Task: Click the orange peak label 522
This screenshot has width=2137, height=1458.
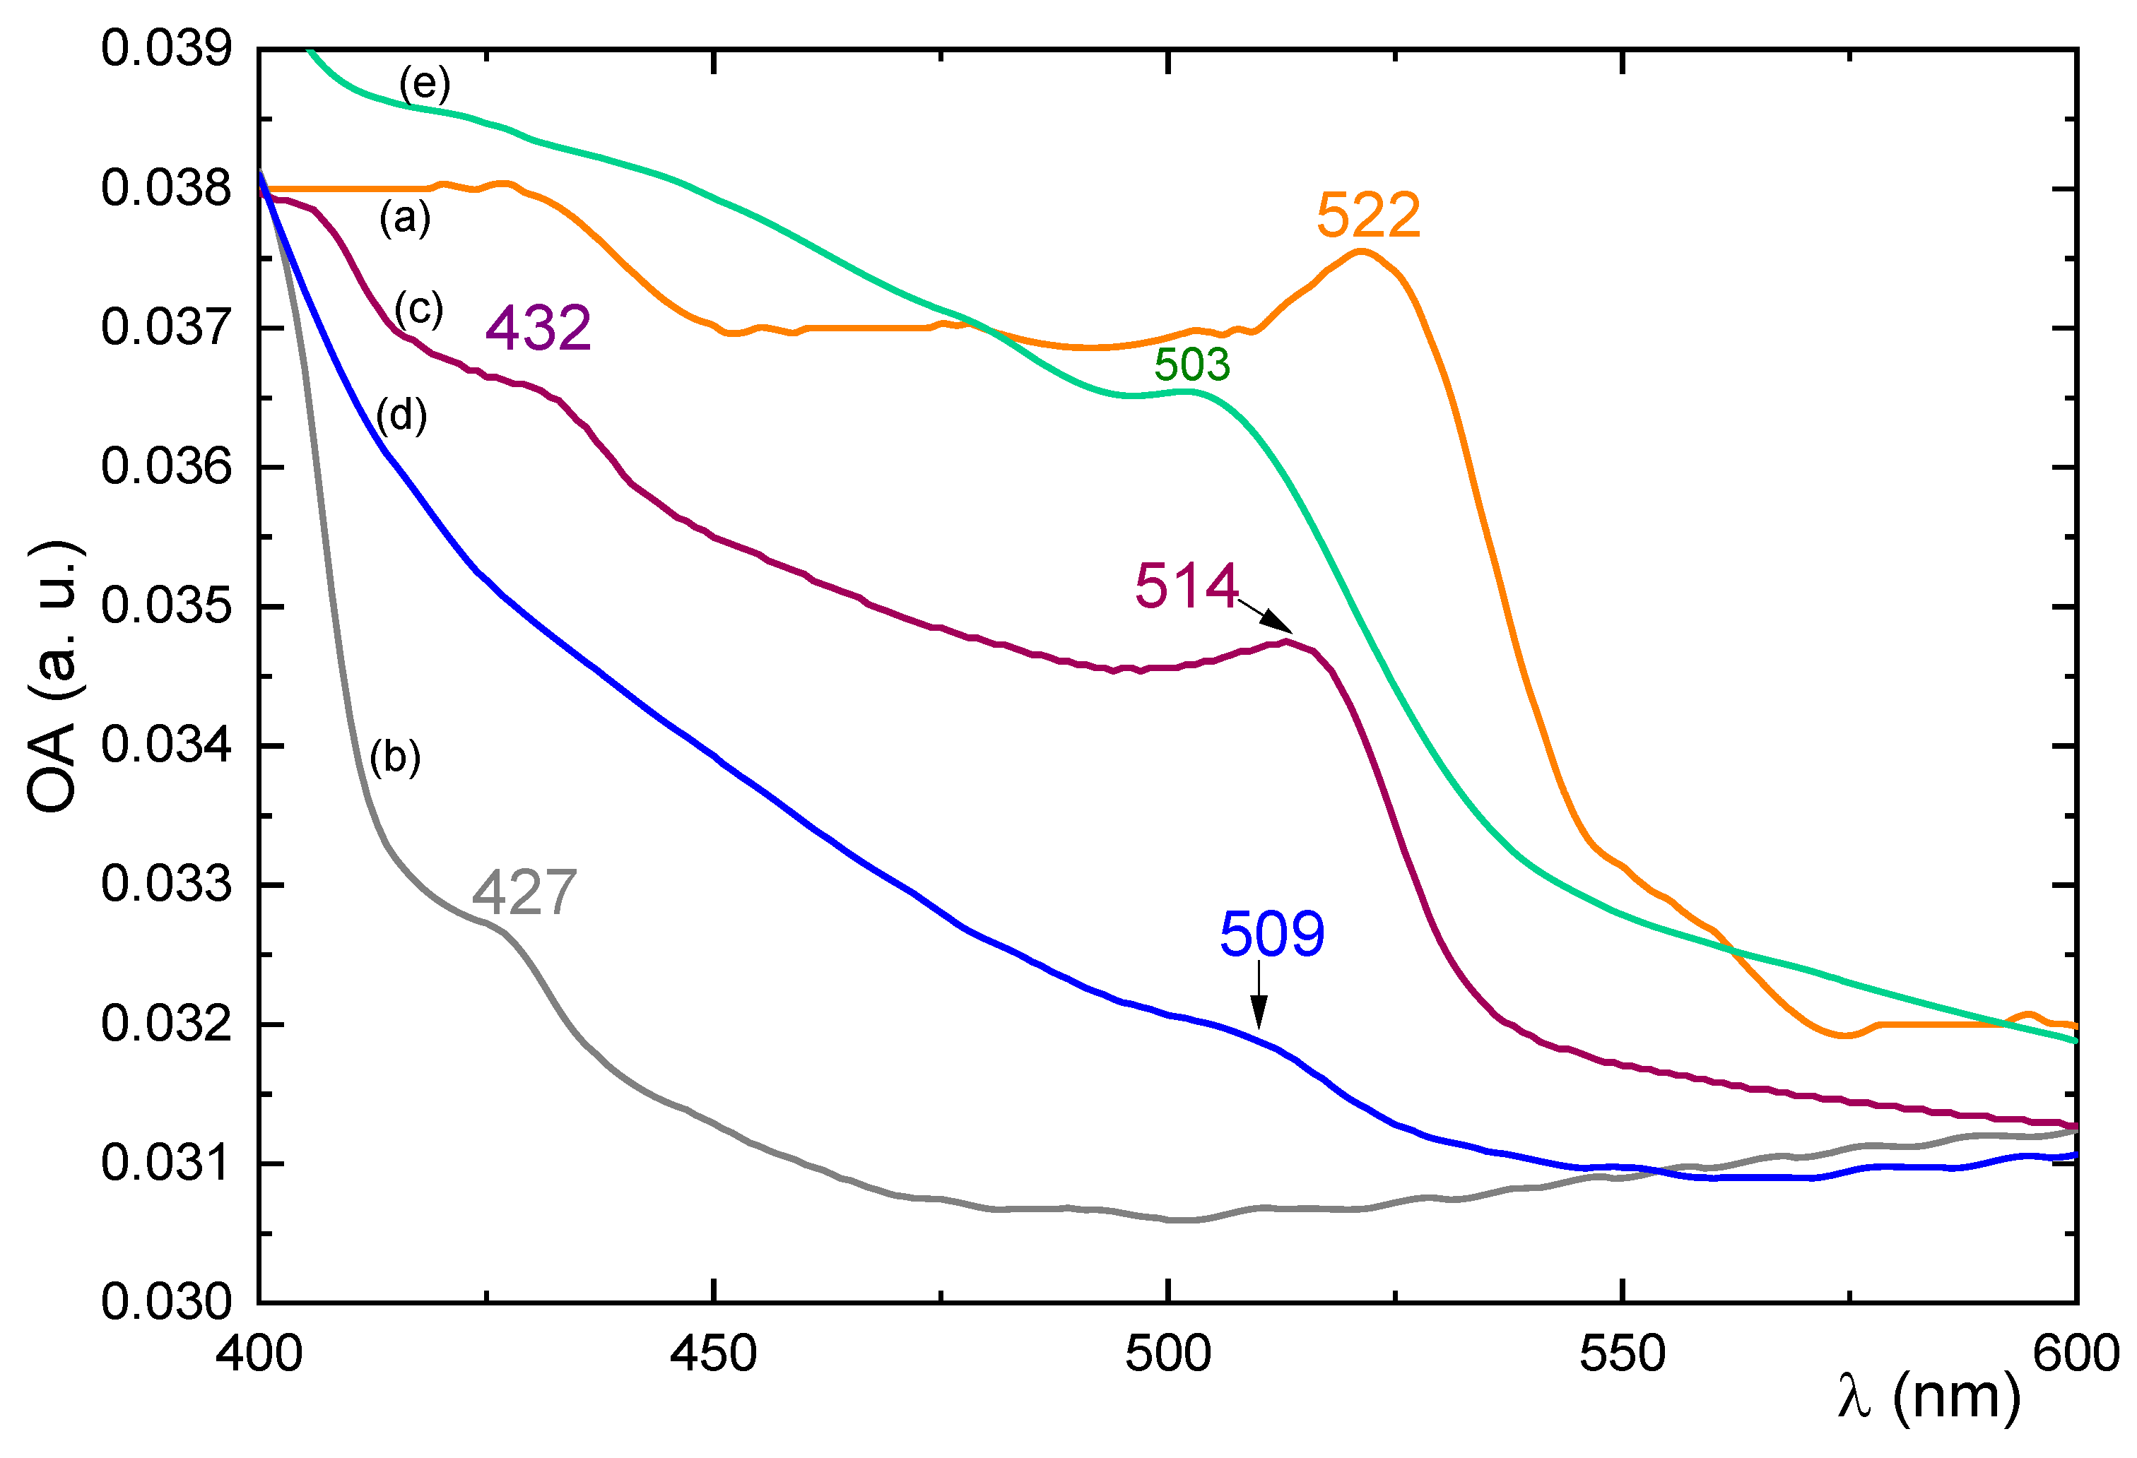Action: point(1367,216)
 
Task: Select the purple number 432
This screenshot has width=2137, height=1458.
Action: point(538,328)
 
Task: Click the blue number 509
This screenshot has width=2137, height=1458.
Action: point(1272,935)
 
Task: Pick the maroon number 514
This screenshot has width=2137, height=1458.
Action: point(1187,586)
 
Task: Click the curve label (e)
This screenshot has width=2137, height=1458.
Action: point(424,85)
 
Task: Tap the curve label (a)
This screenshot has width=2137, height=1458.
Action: point(405,219)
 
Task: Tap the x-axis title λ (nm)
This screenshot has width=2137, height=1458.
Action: point(1929,1397)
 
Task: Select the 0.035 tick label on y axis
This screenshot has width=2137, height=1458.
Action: point(165,607)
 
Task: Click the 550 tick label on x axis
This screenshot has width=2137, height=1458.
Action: point(1622,1354)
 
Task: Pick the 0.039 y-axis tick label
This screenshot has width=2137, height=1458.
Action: point(165,49)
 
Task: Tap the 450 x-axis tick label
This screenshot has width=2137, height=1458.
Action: point(712,1354)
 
